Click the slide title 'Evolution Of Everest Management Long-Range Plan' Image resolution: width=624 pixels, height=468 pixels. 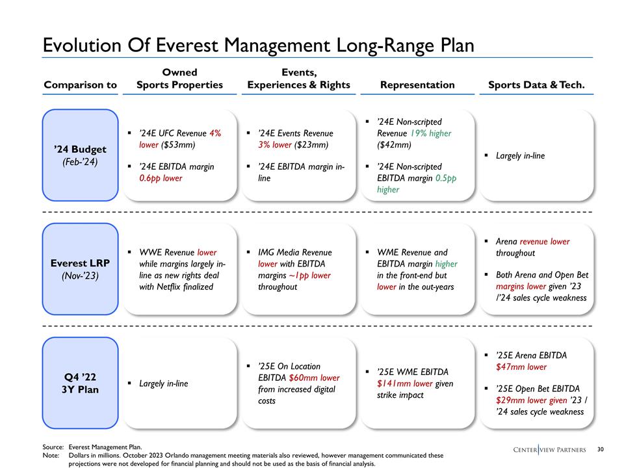point(258,45)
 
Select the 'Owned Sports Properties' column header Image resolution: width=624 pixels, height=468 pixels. point(179,78)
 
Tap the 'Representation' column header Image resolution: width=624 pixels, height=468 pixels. point(417,84)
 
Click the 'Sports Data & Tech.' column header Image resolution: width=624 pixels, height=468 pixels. point(536,84)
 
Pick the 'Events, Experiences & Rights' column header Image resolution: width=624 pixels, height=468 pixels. point(298,78)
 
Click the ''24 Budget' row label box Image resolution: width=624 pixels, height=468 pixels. point(80,155)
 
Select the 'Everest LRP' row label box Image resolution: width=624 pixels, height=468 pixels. point(80,269)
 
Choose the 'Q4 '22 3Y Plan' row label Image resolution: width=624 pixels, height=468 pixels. point(80,383)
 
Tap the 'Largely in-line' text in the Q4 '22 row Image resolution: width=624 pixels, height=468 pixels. point(163,383)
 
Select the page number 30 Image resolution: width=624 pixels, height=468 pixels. point(601,449)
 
